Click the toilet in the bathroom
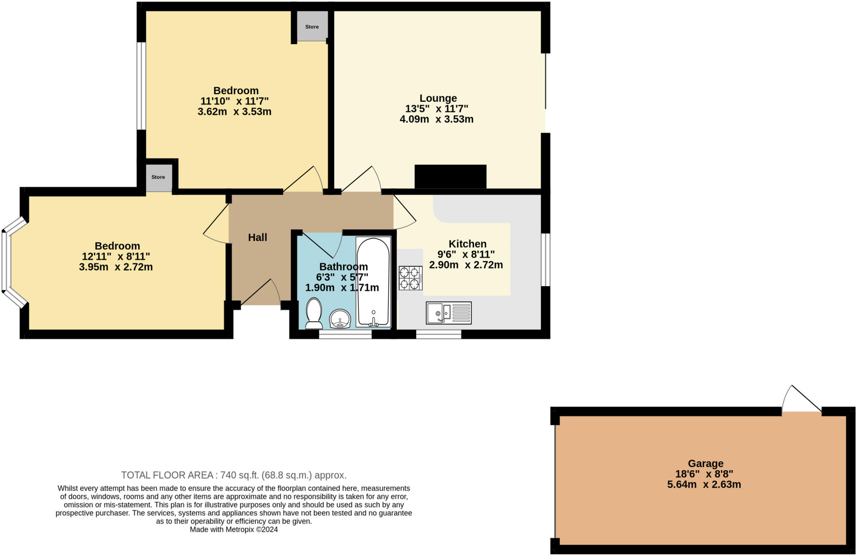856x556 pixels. (314, 313)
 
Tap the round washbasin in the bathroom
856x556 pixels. (340, 319)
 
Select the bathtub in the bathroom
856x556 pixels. (373, 282)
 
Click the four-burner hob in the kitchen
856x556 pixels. (410, 278)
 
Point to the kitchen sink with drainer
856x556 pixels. (448, 313)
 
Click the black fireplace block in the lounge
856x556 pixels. (450, 176)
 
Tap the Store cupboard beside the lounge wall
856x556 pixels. (312, 26)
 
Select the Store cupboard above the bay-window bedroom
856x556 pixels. (158, 177)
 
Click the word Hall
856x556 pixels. (257, 238)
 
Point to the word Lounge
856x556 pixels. (438, 98)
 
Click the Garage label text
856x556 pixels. (706, 464)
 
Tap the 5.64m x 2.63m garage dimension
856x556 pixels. (704, 485)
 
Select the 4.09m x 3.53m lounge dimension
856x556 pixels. (436, 119)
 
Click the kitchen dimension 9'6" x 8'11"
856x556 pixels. (466, 254)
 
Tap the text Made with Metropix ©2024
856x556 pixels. (234, 530)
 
